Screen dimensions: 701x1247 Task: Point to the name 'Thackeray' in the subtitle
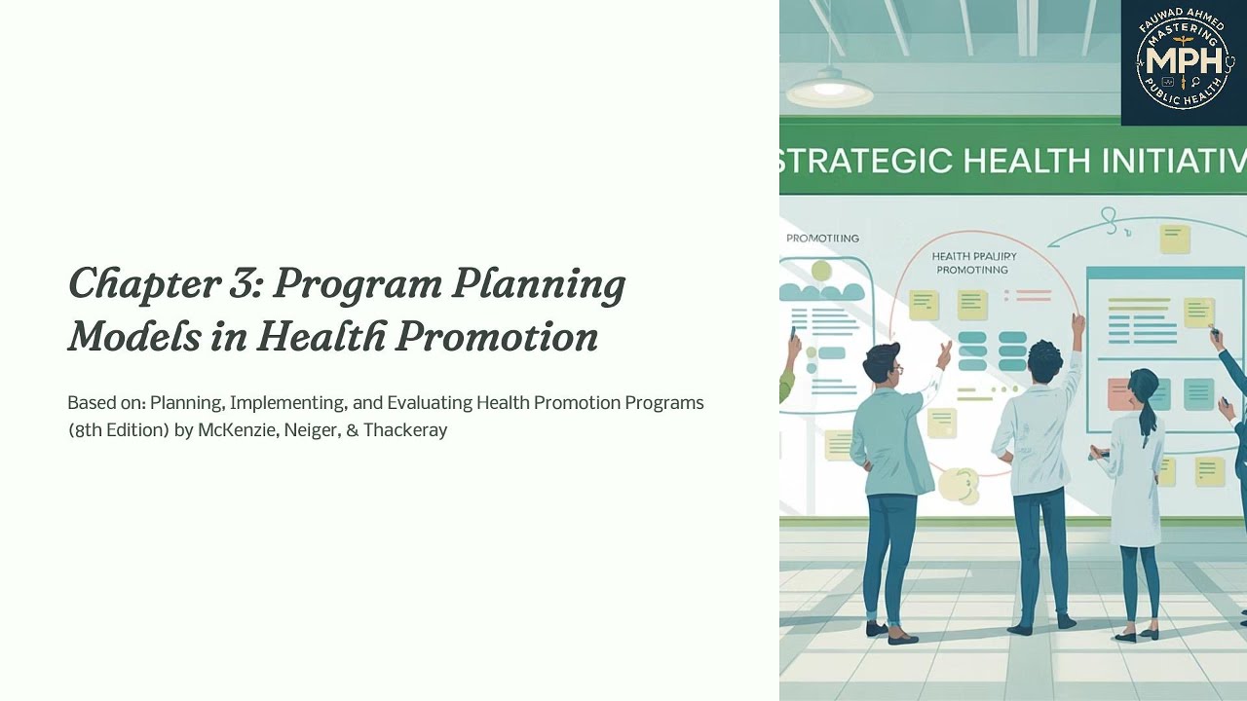coord(405,429)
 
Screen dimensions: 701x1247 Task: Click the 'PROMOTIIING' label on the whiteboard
coord(822,238)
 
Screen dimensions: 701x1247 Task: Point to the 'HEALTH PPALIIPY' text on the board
coord(974,257)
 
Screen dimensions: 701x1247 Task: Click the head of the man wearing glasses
coord(883,362)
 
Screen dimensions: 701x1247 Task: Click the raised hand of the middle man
coord(1077,322)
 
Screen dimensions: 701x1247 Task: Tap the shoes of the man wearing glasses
coord(890,632)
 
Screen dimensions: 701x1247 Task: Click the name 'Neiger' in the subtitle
coord(310,429)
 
